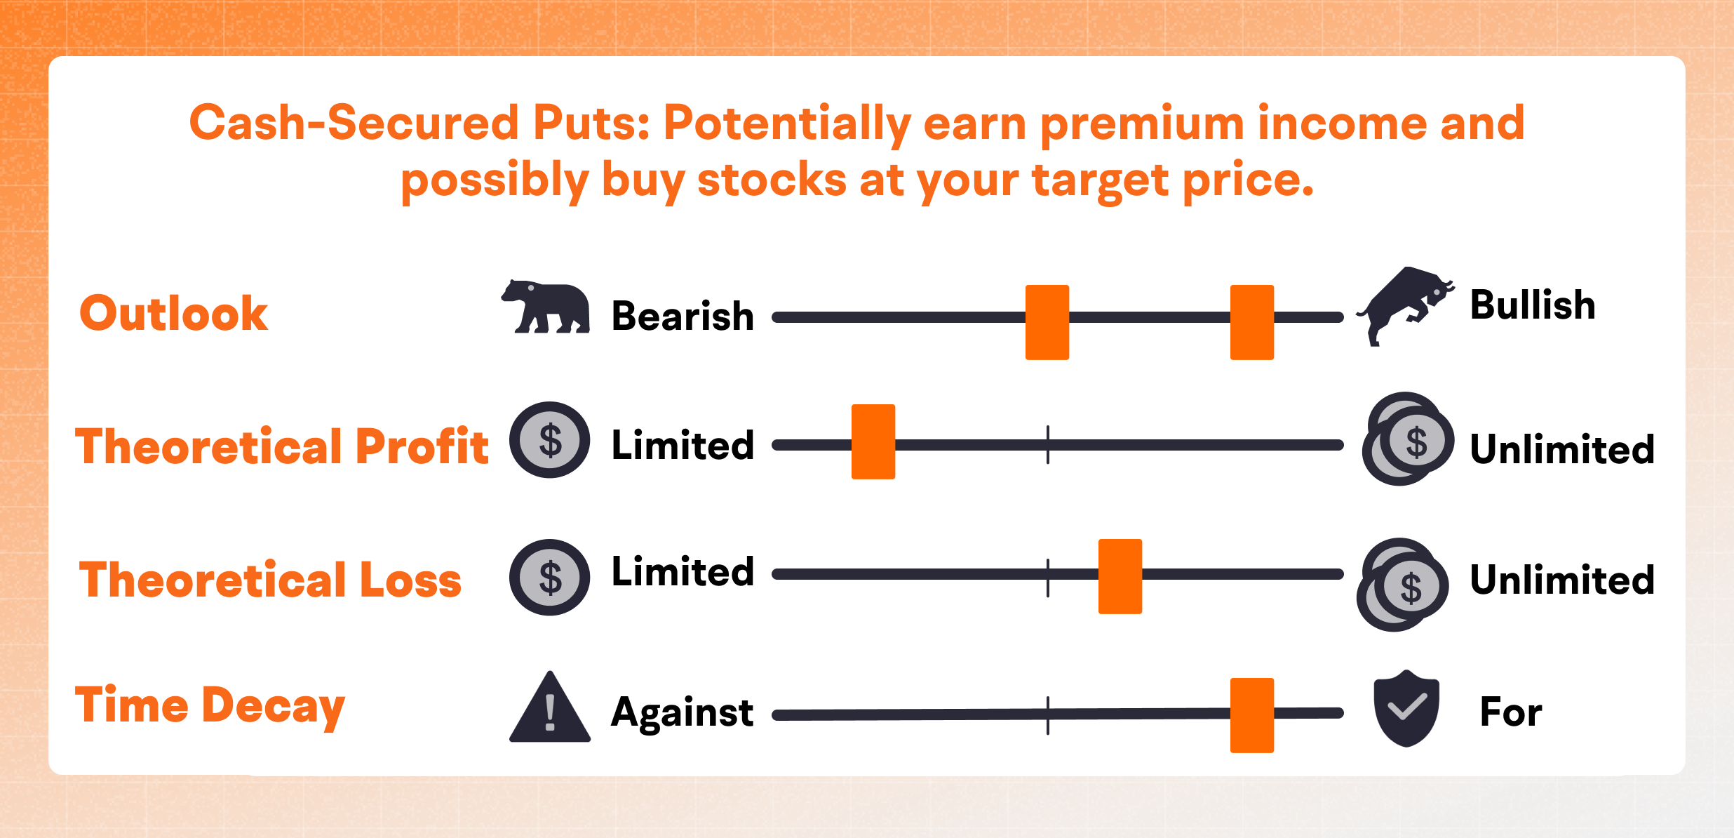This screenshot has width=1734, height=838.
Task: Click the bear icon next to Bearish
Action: [x=546, y=307]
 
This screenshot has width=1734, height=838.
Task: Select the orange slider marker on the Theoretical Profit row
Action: [x=873, y=441]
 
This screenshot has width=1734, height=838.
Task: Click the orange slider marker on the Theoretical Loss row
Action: [x=1120, y=576]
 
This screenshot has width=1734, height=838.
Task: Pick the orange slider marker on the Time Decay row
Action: [x=1251, y=714]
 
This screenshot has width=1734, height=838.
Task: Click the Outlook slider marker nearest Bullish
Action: [x=1251, y=322]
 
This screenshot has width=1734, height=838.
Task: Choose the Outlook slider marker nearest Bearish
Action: [x=1047, y=322]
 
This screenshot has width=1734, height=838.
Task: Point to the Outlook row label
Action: [x=173, y=313]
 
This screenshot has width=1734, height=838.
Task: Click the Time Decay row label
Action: [x=210, y=706]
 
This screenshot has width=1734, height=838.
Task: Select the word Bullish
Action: [x=1532, y=305]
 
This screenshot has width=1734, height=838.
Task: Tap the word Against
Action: [x=682, y=713]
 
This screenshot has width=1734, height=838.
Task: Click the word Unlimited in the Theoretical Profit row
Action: [x=1561, y=449]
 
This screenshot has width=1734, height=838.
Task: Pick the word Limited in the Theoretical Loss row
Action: [x=682, y=571]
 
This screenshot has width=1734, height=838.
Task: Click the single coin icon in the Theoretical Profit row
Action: [x=549, y=440]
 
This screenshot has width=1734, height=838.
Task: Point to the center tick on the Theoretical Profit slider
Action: [x=1047, y=444]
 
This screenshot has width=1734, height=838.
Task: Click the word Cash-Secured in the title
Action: [x=353, y=123]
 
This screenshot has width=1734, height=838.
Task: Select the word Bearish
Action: [x=682, y=316]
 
